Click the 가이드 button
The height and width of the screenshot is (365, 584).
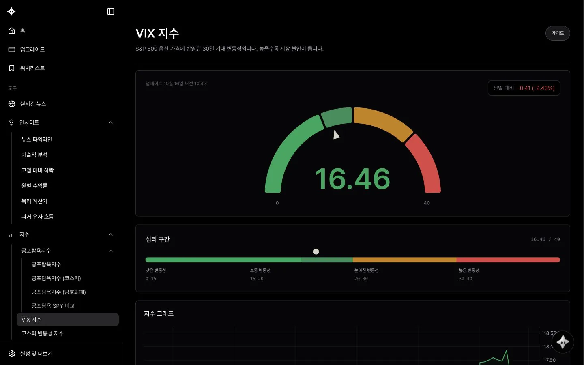[x=557, y=33]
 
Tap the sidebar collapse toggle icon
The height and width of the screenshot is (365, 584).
[x=111, y=11]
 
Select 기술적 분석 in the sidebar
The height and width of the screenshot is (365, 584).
[x=34, y=155]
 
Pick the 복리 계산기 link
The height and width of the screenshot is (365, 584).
[x=34, y=201]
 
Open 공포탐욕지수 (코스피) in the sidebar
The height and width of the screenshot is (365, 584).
[x=56, y=278]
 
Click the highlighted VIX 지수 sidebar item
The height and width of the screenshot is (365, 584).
[x=67, y=320]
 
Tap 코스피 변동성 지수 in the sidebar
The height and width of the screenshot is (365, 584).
[x=42, y=333]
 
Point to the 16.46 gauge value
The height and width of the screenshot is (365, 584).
[x=352, y=179]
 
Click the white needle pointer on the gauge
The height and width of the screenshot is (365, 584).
[x=336, y=135]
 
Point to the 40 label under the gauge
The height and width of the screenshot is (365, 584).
[x=427, y=203]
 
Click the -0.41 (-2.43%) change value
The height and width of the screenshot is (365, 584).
[x=536, y=88]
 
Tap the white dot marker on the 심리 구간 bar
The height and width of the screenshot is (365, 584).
[x=316, y=251]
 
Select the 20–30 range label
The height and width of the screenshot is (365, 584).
[x=361, y=279]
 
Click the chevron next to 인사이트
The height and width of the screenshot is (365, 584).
[x=111, y=122]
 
